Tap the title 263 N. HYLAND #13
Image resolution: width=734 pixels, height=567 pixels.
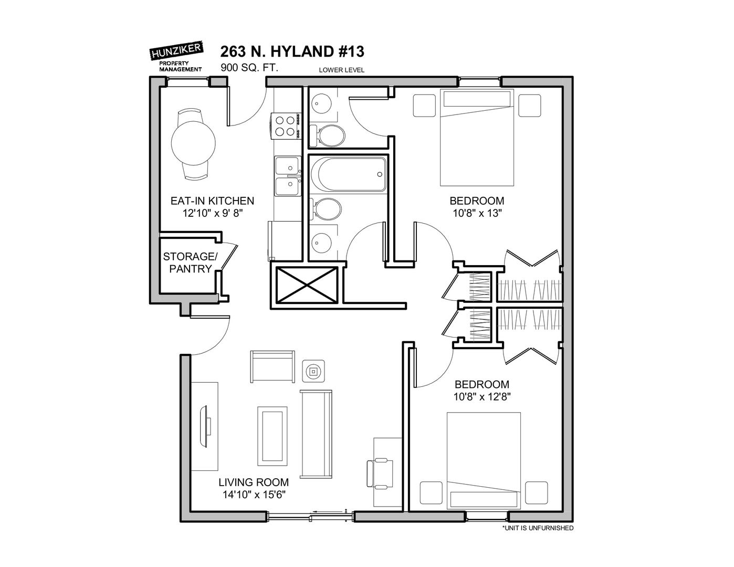click(x=292, y=51)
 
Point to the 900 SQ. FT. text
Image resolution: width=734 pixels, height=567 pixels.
click(x=249, y=68)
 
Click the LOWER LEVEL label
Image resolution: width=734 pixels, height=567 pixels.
click(x=341, y=70)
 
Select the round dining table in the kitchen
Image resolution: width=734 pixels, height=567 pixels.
click(x=193, y=143)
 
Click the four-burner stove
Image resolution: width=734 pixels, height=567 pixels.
click(x=286, y=125)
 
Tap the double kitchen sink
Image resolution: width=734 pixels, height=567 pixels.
click(x=287, y=176)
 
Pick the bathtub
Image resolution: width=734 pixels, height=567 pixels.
click(x=349, y=174)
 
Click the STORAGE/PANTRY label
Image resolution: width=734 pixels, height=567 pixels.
click(x=190, y=262)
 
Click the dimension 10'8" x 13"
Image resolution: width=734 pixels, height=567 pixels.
click(x=476, y=213)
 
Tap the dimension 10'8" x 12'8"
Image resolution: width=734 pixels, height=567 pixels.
click(x=481, y=396)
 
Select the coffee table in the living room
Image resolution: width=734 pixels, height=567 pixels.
click(x=272, y=436)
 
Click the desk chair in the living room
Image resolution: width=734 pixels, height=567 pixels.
click(x=380, y=473)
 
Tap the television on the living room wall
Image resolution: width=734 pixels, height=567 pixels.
click(x=205, y=426)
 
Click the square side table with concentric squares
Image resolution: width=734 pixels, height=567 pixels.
click(x=313, y=372)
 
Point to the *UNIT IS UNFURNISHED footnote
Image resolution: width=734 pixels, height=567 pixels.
click(x=538, y=528)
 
